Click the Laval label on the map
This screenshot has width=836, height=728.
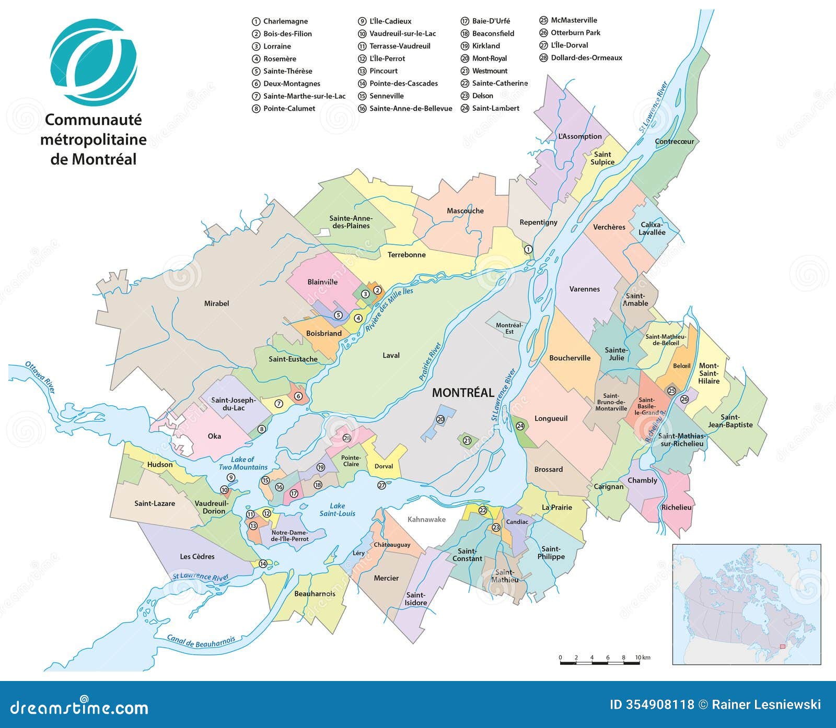pos(391,355)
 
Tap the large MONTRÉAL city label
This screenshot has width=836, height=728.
pos(462,393)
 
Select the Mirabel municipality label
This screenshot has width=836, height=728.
pos(216,303)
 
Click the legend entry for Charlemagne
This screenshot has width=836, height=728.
pos(285,21)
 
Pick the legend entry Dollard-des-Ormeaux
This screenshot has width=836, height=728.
pos(586,58)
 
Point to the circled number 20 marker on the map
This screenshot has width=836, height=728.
pos(440,419)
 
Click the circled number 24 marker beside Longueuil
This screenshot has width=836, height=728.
pos(520,426)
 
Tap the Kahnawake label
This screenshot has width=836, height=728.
pos(426,519)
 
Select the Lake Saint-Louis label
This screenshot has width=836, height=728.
pos(338,509)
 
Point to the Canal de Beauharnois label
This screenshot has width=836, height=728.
pos(201,641)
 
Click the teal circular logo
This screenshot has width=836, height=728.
pos(94,62)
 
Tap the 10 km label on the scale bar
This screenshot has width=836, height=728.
pos(642,657)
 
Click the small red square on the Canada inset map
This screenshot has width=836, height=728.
pos(782,646)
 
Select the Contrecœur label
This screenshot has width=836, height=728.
pos(675,142)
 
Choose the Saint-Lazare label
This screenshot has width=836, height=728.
pos(155,503)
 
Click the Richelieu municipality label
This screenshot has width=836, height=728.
pos(676,507)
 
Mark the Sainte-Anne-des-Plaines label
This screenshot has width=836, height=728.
pos(351,222)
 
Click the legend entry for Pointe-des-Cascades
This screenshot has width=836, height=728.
pos(403,84)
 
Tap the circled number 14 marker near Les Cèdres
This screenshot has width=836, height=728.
pos(263,563)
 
